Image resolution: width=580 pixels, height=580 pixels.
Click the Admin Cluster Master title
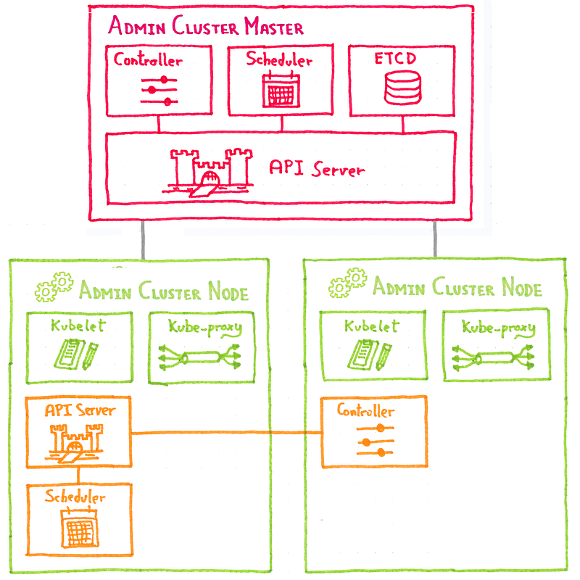[205, 28]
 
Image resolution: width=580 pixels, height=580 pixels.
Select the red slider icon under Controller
[159, 90]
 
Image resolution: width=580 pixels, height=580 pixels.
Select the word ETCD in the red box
[396, 59]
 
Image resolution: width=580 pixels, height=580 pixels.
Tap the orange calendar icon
[78, 529]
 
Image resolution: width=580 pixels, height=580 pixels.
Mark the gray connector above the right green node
[435, 238]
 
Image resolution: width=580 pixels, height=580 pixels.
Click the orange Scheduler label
[75, 497]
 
